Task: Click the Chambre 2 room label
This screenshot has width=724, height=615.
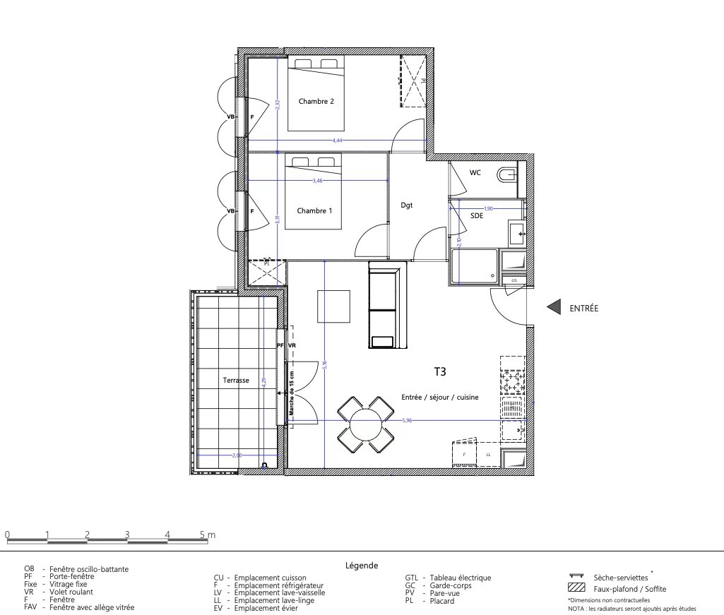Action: (x=316, y=102)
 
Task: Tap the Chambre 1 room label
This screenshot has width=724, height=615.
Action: (x=314, y=211)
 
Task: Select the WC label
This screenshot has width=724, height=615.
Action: (x=475, y=173)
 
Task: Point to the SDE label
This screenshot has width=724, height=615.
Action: (x=477, y=217)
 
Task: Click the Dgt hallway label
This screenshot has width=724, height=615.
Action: (x=406, y=205)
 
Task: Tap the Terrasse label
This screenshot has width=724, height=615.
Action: (x=236, y=380)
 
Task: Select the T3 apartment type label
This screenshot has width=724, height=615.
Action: (x=439, y=370)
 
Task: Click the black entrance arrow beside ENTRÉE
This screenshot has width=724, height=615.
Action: (x=554, y=307)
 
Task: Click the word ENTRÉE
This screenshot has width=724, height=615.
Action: (x=583, y=308)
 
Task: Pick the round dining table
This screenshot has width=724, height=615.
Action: (x=365, y=425)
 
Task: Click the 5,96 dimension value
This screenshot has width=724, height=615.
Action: (x=406, y=420)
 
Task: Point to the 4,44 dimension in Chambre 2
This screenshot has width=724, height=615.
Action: (x=338, y=141)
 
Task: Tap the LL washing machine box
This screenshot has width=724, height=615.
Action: (x=488, y=455)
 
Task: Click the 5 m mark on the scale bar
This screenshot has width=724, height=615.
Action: (x=207, y=535)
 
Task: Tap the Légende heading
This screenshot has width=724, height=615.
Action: (x=362, y=566)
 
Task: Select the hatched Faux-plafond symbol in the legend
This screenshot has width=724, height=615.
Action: (x=576, y=588)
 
